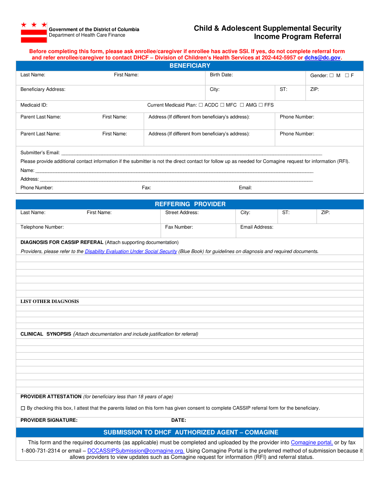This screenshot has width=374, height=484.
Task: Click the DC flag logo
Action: tap(34, 32)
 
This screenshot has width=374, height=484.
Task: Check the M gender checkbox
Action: tap(331, 76)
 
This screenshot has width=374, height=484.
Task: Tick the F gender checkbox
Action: tap(347, 76)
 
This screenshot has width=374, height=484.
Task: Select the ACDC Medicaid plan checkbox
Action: tap(201, 105)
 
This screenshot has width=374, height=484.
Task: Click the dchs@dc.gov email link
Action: tap(322, 57)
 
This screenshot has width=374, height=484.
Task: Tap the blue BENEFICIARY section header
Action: tap(190, 66)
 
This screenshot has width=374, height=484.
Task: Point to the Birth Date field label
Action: tap(221, 75)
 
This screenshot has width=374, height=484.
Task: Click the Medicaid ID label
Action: tap(34, 105)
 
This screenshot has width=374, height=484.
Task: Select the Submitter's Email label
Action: tap(40, 153)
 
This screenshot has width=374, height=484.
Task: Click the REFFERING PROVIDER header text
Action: tap(190, 204)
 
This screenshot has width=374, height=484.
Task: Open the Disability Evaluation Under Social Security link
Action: tap(131, 251)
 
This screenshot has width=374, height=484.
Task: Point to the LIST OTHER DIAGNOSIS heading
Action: tap(50, 301)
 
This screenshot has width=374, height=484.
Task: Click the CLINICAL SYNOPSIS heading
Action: tap(46, 334)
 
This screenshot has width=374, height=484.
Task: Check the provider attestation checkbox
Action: tap(23, 408)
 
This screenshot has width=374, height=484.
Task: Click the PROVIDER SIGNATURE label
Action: tap(49, 420)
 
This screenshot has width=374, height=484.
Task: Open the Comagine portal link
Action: tap(312, 443)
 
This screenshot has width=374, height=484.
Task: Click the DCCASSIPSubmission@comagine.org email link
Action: tap(136, 451)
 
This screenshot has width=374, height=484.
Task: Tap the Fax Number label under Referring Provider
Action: tap(179, 227)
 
